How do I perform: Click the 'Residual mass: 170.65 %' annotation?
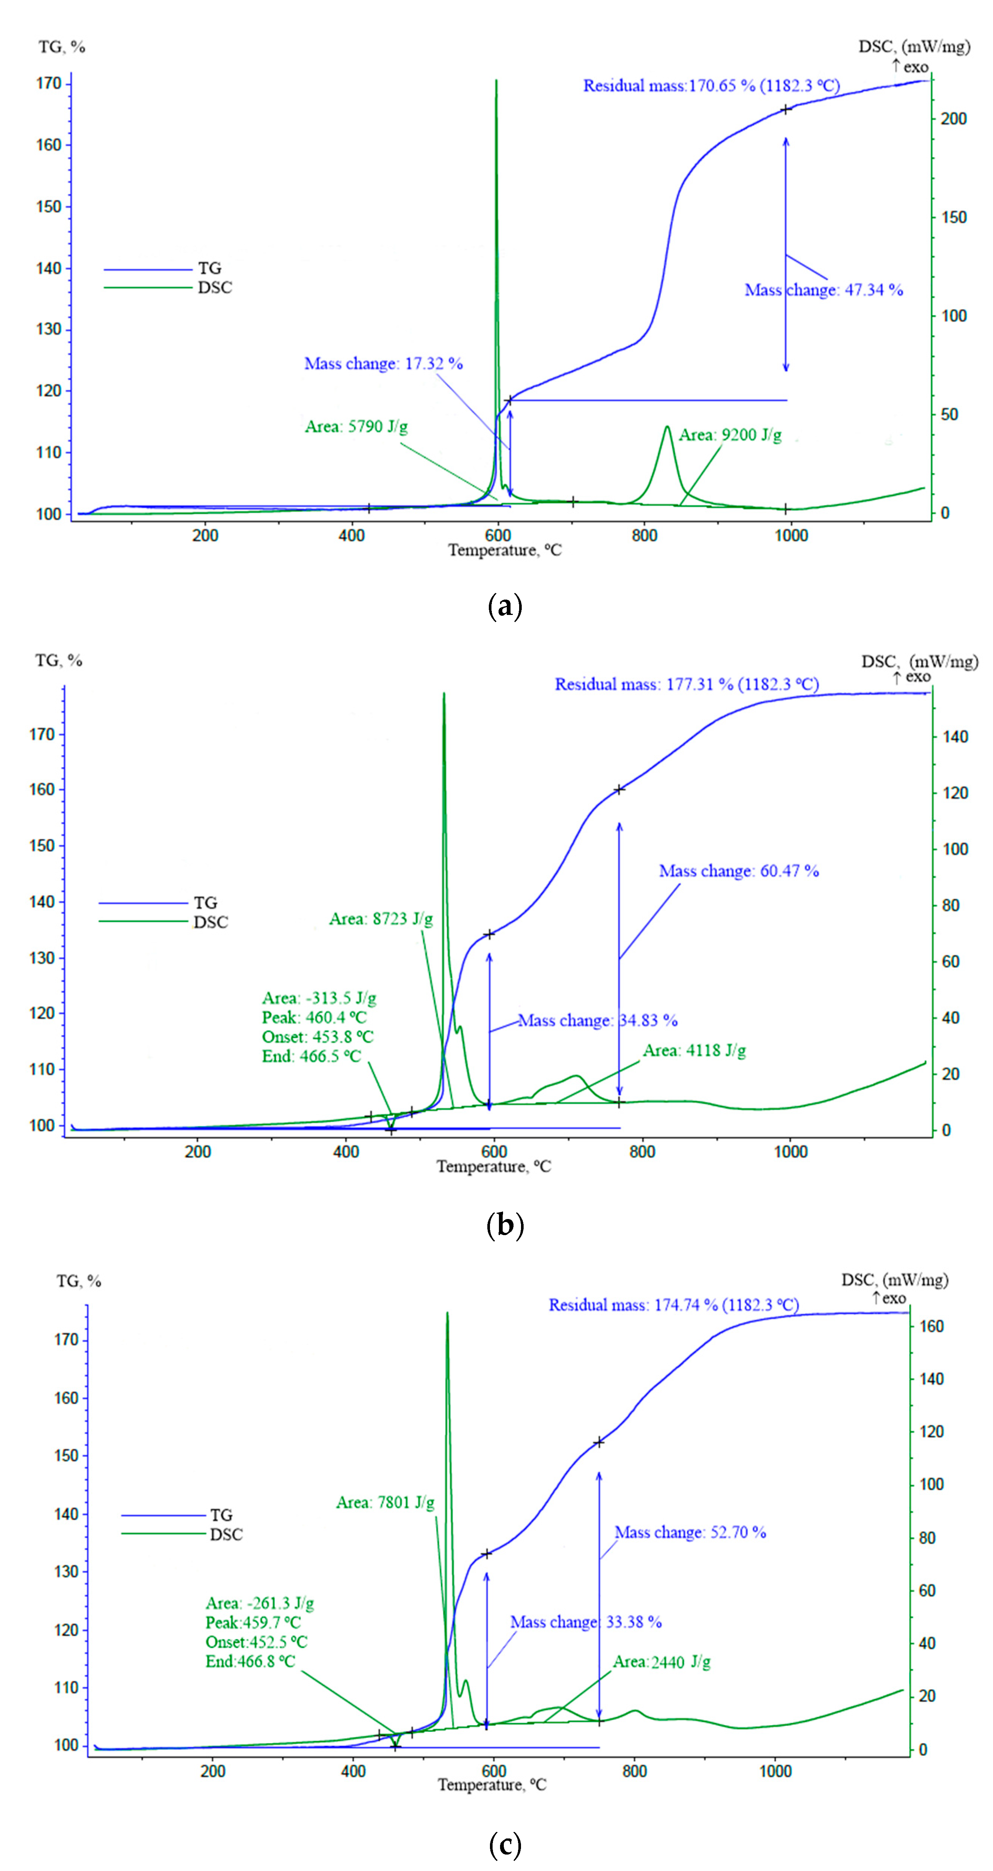(710, 86)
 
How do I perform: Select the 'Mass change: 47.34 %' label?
(823, 290)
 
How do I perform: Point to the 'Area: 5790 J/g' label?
(356, 426)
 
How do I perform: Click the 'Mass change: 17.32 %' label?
(383, 363)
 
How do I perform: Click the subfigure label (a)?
(504, 605)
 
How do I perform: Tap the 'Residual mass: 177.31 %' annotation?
(686, 684)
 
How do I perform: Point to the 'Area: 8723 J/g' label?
(381, 919)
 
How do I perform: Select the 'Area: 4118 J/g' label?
(694, 1050)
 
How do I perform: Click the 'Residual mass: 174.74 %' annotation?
(672, 1304)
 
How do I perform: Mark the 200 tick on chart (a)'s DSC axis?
(953, 119)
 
